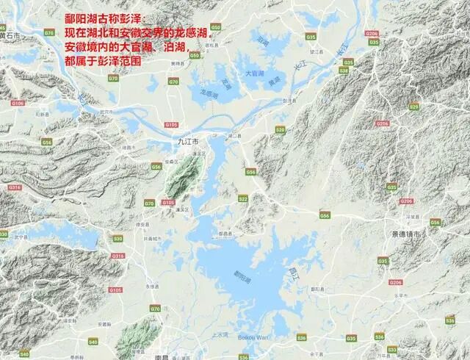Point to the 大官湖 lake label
254,73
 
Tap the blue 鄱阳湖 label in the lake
242,277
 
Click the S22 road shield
243,198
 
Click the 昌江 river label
294,272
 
